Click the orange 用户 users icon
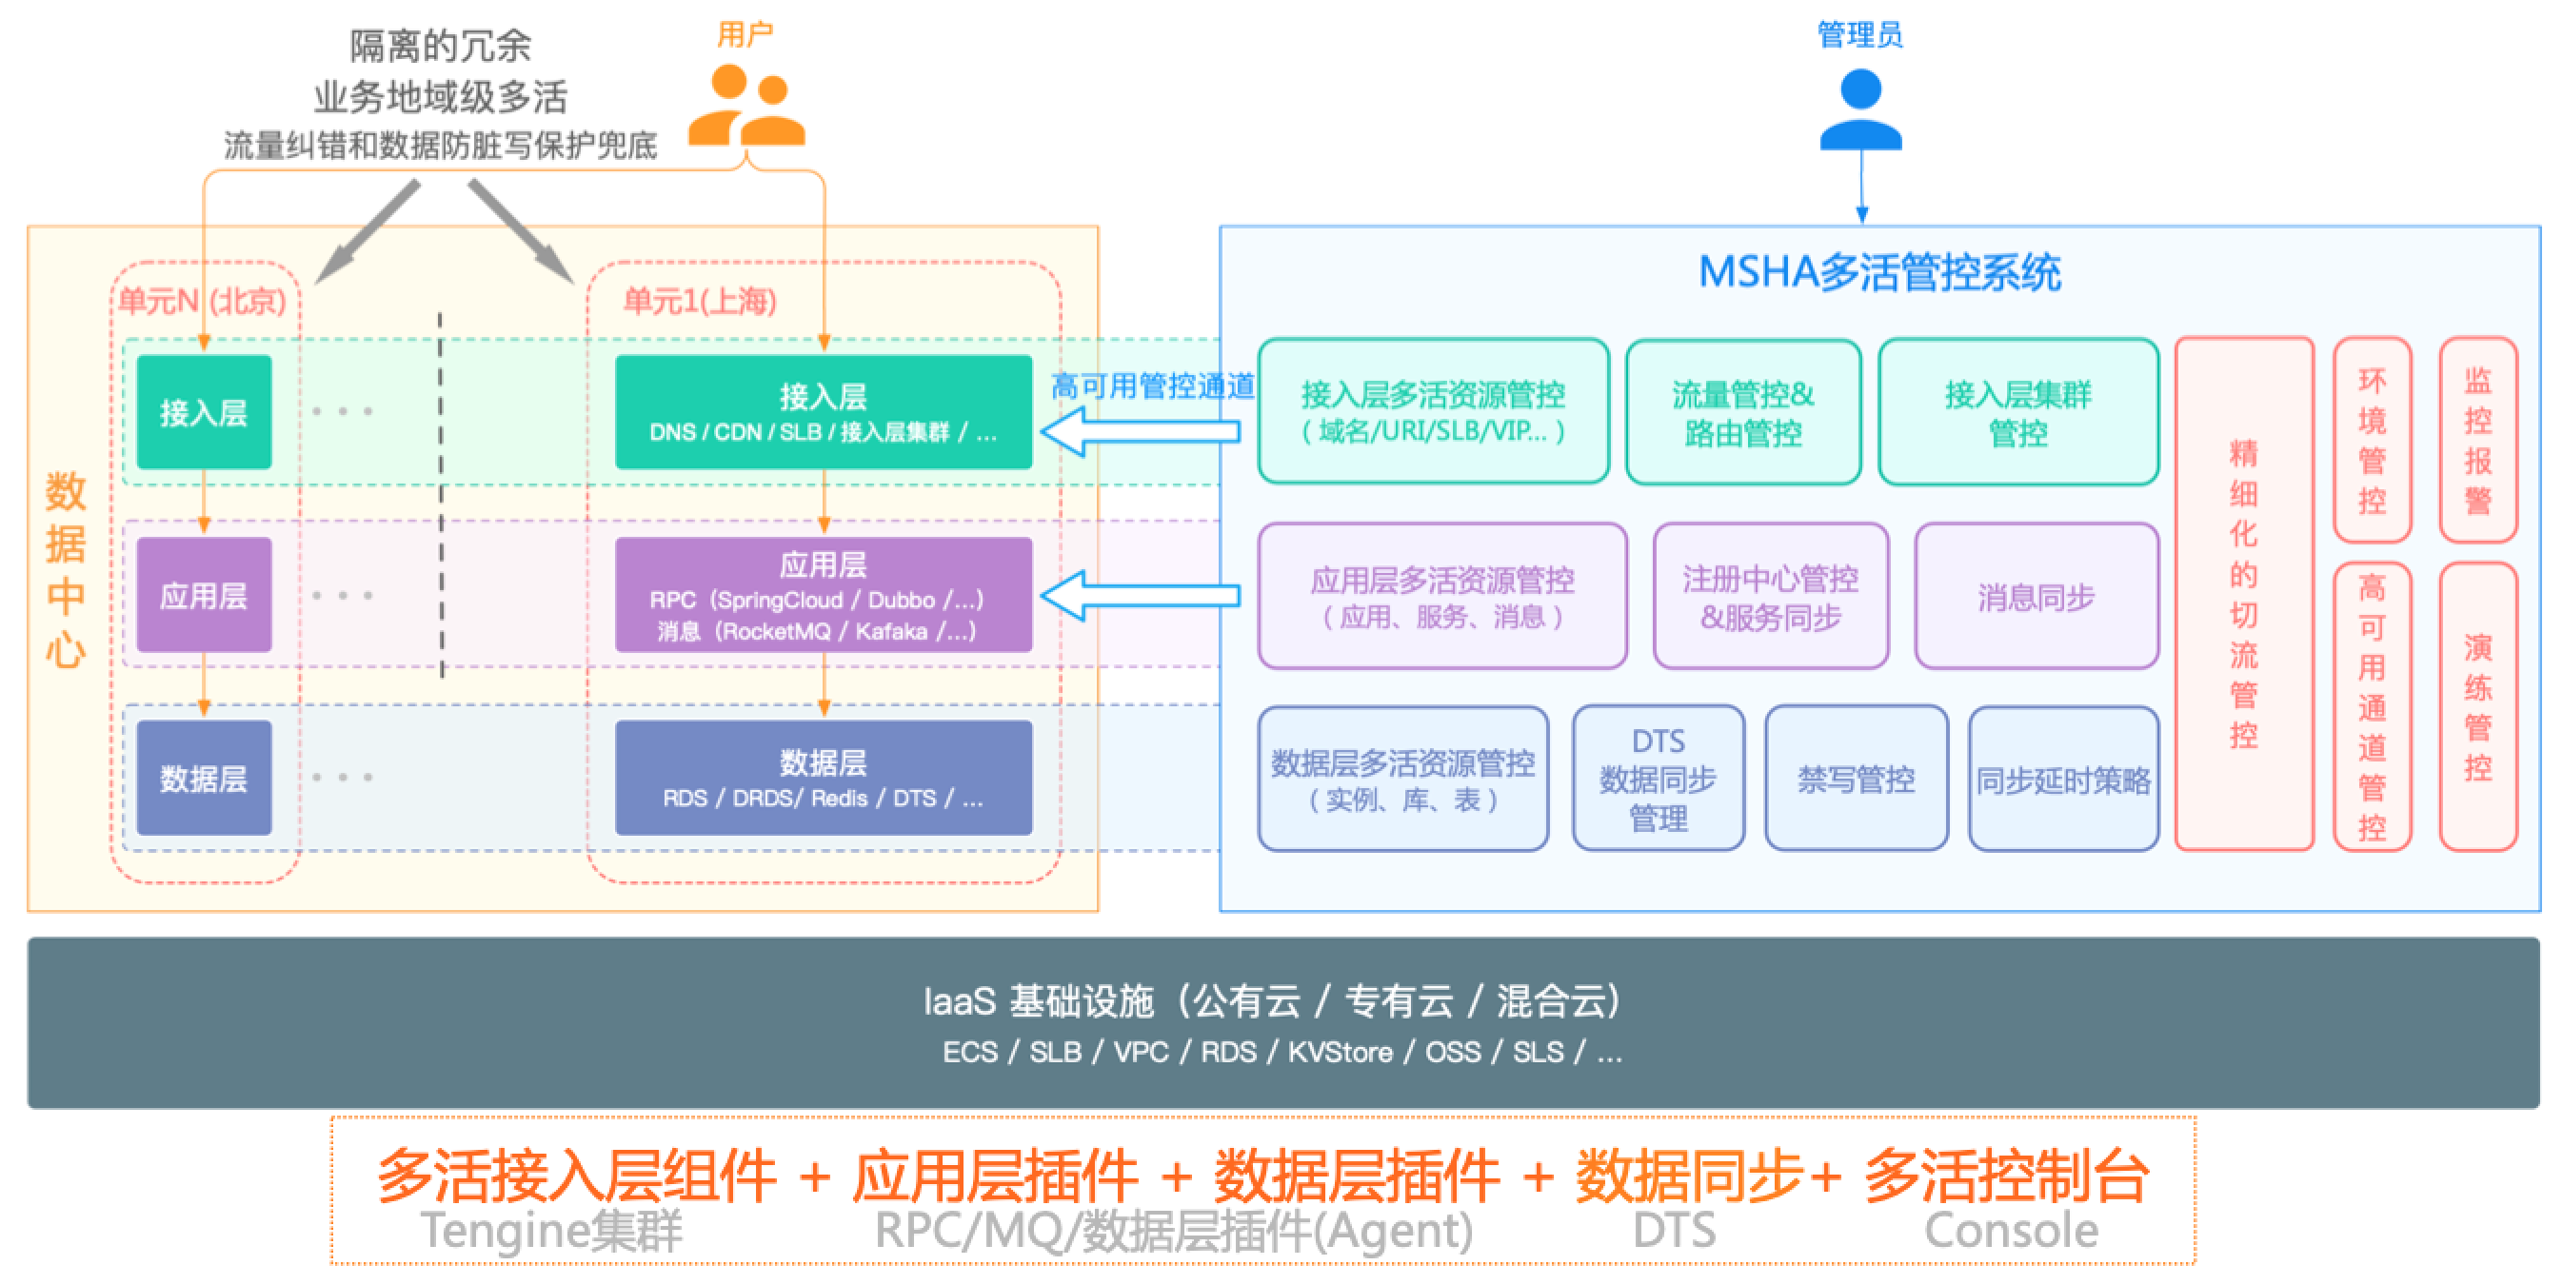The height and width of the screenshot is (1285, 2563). (x=746, y=106)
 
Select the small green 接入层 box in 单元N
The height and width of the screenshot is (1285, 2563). (x=204, y=412)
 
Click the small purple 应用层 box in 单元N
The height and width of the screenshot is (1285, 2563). (x=204, y=595)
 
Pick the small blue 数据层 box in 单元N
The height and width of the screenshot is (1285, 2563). (x=204, y=778)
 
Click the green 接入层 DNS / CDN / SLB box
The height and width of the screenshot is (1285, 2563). (x=823, y=412)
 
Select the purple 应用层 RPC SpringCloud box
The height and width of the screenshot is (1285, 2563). (x=823, y=595)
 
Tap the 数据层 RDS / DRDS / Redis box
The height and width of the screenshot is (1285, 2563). (x=823, y=778)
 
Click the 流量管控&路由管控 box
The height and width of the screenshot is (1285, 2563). (x=1743, y=413)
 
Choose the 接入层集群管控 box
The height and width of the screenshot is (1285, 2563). (x=2017, y=413)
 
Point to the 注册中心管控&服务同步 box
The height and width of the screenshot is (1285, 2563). (x=1770, y=597)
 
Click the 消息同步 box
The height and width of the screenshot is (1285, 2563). (x=2036, y=597)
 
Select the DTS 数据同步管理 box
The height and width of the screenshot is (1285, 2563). (x=1658, y=779)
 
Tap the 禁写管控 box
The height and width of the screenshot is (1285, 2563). (x=1856, y=779)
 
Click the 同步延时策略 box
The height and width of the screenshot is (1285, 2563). (x=2063, y=780)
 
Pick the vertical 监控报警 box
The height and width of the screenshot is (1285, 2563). (x=2477, y=440)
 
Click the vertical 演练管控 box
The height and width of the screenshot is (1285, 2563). (x=2477, y=706)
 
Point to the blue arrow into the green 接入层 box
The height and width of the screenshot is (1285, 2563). (x=1140, y=431)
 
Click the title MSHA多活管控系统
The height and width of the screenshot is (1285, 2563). (x=1878, y=272)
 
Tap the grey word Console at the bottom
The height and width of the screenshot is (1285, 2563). (x=2011, y=1231)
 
